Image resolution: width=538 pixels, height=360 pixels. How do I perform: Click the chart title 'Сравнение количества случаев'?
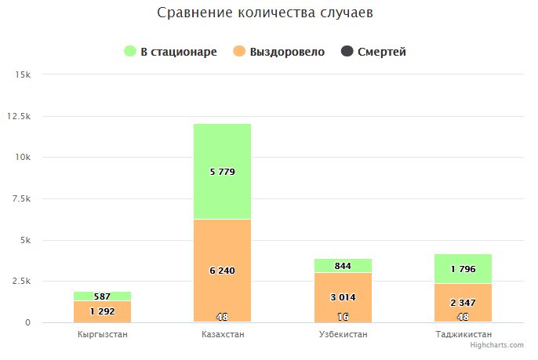tap(268, 13)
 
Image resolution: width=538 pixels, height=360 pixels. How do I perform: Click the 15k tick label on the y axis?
tap(22, 75)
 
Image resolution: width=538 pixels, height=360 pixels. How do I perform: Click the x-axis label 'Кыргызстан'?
tap(103, 335)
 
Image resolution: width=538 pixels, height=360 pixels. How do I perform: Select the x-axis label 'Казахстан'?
tap(223, 335)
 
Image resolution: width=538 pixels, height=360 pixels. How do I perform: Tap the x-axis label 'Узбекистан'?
tap(343, 335)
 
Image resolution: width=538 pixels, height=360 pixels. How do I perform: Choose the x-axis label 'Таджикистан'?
tap(463, 335)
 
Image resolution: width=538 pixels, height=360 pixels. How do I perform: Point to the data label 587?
tap(103, 296)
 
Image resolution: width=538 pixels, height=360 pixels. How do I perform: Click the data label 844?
tap(343, 266)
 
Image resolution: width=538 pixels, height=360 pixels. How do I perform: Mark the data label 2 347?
tap(463, 303)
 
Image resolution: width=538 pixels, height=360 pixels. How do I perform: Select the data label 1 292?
tap(103, 311)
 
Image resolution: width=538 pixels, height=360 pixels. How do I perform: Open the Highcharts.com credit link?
tap(496, 345)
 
